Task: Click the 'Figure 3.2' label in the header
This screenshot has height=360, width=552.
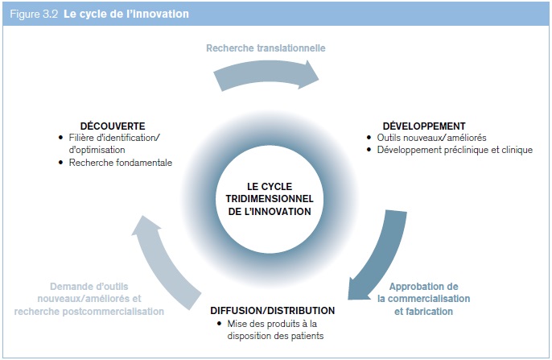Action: pyautogui.click(x=34, y=14)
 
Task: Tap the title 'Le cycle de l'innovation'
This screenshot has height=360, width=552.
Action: pyautogui.click(x=126, y=14)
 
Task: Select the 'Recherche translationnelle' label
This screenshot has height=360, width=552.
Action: pyautogui.click(x=266, y=48)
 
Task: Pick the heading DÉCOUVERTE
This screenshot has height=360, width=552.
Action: pyautogui.click(x=113, y=126)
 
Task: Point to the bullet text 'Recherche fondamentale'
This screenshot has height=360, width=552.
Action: pyautogui.click(x=121, y=163)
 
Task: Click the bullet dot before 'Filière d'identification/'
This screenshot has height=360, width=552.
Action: pyautogui.click(x=61, y=138)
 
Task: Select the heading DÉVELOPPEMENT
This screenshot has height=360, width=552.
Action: pyautogui.click(x=424, y=126)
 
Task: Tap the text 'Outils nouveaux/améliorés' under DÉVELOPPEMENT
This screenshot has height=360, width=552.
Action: pyautogui.click(x=431, y=138)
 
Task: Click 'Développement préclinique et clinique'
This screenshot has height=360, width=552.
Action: pyautogui.click(x=455, y=150)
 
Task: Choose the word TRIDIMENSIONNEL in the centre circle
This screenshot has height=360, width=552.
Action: pyautogui.click(x=270, y=199)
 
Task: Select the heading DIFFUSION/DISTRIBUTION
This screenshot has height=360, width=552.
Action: pyautogui.click(x=273, y=310)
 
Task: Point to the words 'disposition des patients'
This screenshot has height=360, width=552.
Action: pyautogui.click(x=275, y=336)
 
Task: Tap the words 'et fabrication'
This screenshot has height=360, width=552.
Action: pyautogui.click(x=423, y=312)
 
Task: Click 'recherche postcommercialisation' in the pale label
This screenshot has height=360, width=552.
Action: pyautogui.click(x=89, y=312)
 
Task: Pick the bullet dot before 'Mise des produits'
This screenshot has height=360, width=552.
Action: pyautogui.click(x=220, y=324)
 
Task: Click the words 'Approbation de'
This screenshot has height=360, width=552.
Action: pyautogui.click(x=424, y=287)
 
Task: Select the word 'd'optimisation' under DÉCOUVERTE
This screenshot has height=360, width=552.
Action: pyautogui.click(x=97, y=150)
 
